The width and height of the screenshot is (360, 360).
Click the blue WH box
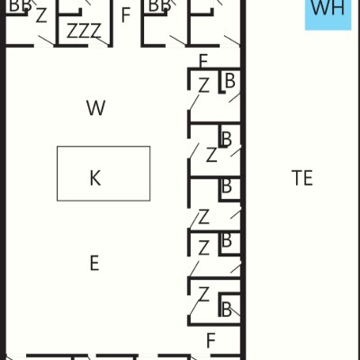click(328, 14)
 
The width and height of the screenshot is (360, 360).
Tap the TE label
click(302, 178)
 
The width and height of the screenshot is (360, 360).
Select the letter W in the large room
click(96, 108)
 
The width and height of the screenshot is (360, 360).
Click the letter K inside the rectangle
click(95, 178)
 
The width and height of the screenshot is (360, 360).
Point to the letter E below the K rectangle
click(94, 263)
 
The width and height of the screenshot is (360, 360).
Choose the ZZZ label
click(84, 31)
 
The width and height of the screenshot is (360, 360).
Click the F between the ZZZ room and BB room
click(126, 15)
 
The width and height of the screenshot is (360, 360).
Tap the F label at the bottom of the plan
click(211, 340)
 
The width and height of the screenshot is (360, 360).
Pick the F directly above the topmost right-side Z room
click(203, 61)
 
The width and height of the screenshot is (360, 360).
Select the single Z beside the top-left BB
click(41, 15)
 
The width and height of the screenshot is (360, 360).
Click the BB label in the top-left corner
click(20, 6)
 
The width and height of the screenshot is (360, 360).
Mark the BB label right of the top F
click(159, 6)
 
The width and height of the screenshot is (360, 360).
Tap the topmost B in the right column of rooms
click(230, 81)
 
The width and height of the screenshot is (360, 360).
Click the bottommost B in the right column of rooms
click(227, 310)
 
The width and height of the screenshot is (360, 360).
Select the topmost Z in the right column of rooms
click(203, 85)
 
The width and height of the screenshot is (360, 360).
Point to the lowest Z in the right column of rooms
click(203, 294)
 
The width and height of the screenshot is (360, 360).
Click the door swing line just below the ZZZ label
click(100, 40)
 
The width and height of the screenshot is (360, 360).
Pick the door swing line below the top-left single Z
click(47, 40)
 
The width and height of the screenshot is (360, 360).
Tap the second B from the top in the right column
click(227, 139)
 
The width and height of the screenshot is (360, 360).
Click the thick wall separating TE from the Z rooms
click(243, 180)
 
